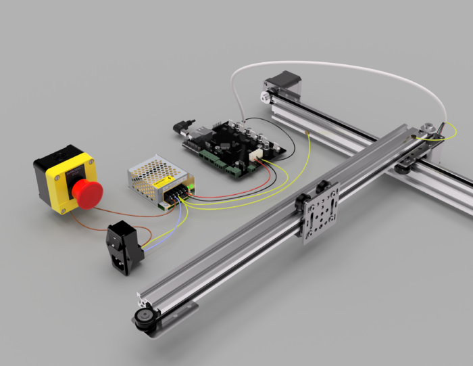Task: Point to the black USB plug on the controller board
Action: pos(183,127)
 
